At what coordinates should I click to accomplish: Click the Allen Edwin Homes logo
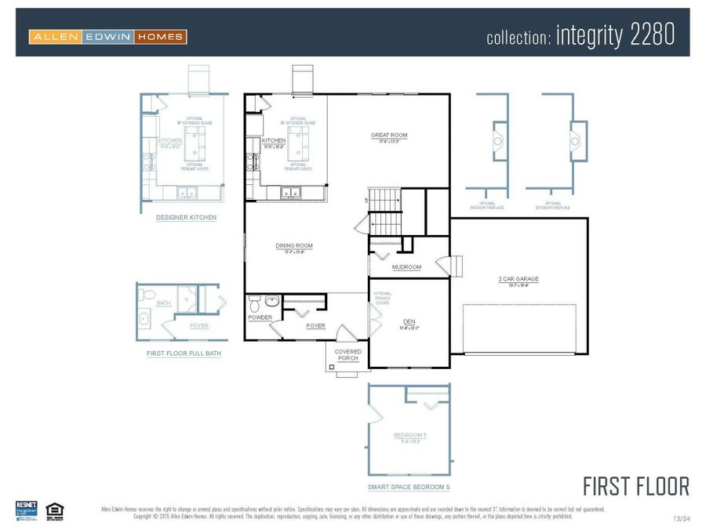point(107,36)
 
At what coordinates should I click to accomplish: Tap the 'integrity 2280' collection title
point(580,36)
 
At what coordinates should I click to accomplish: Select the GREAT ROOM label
point(389,136)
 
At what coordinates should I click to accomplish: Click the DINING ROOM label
point(294,246)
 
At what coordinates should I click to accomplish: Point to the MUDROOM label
point(406,267)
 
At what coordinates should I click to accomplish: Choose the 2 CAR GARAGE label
point(519,279)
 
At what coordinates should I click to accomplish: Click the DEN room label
point(409,321)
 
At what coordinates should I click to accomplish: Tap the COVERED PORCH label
point(348,355)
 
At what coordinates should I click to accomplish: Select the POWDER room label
point(260,317)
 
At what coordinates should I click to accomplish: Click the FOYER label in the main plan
point(315,326)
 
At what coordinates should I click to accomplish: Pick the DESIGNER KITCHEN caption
point(186,217)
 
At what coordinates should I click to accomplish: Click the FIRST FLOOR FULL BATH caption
point(184,353)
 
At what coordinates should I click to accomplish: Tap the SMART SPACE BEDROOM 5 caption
point(409,487)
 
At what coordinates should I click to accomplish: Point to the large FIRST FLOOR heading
point(635,486)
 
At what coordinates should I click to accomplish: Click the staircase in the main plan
point(384,211)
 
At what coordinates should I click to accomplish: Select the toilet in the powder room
point(254,301)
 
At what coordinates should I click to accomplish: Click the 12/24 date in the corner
point(682,519)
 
